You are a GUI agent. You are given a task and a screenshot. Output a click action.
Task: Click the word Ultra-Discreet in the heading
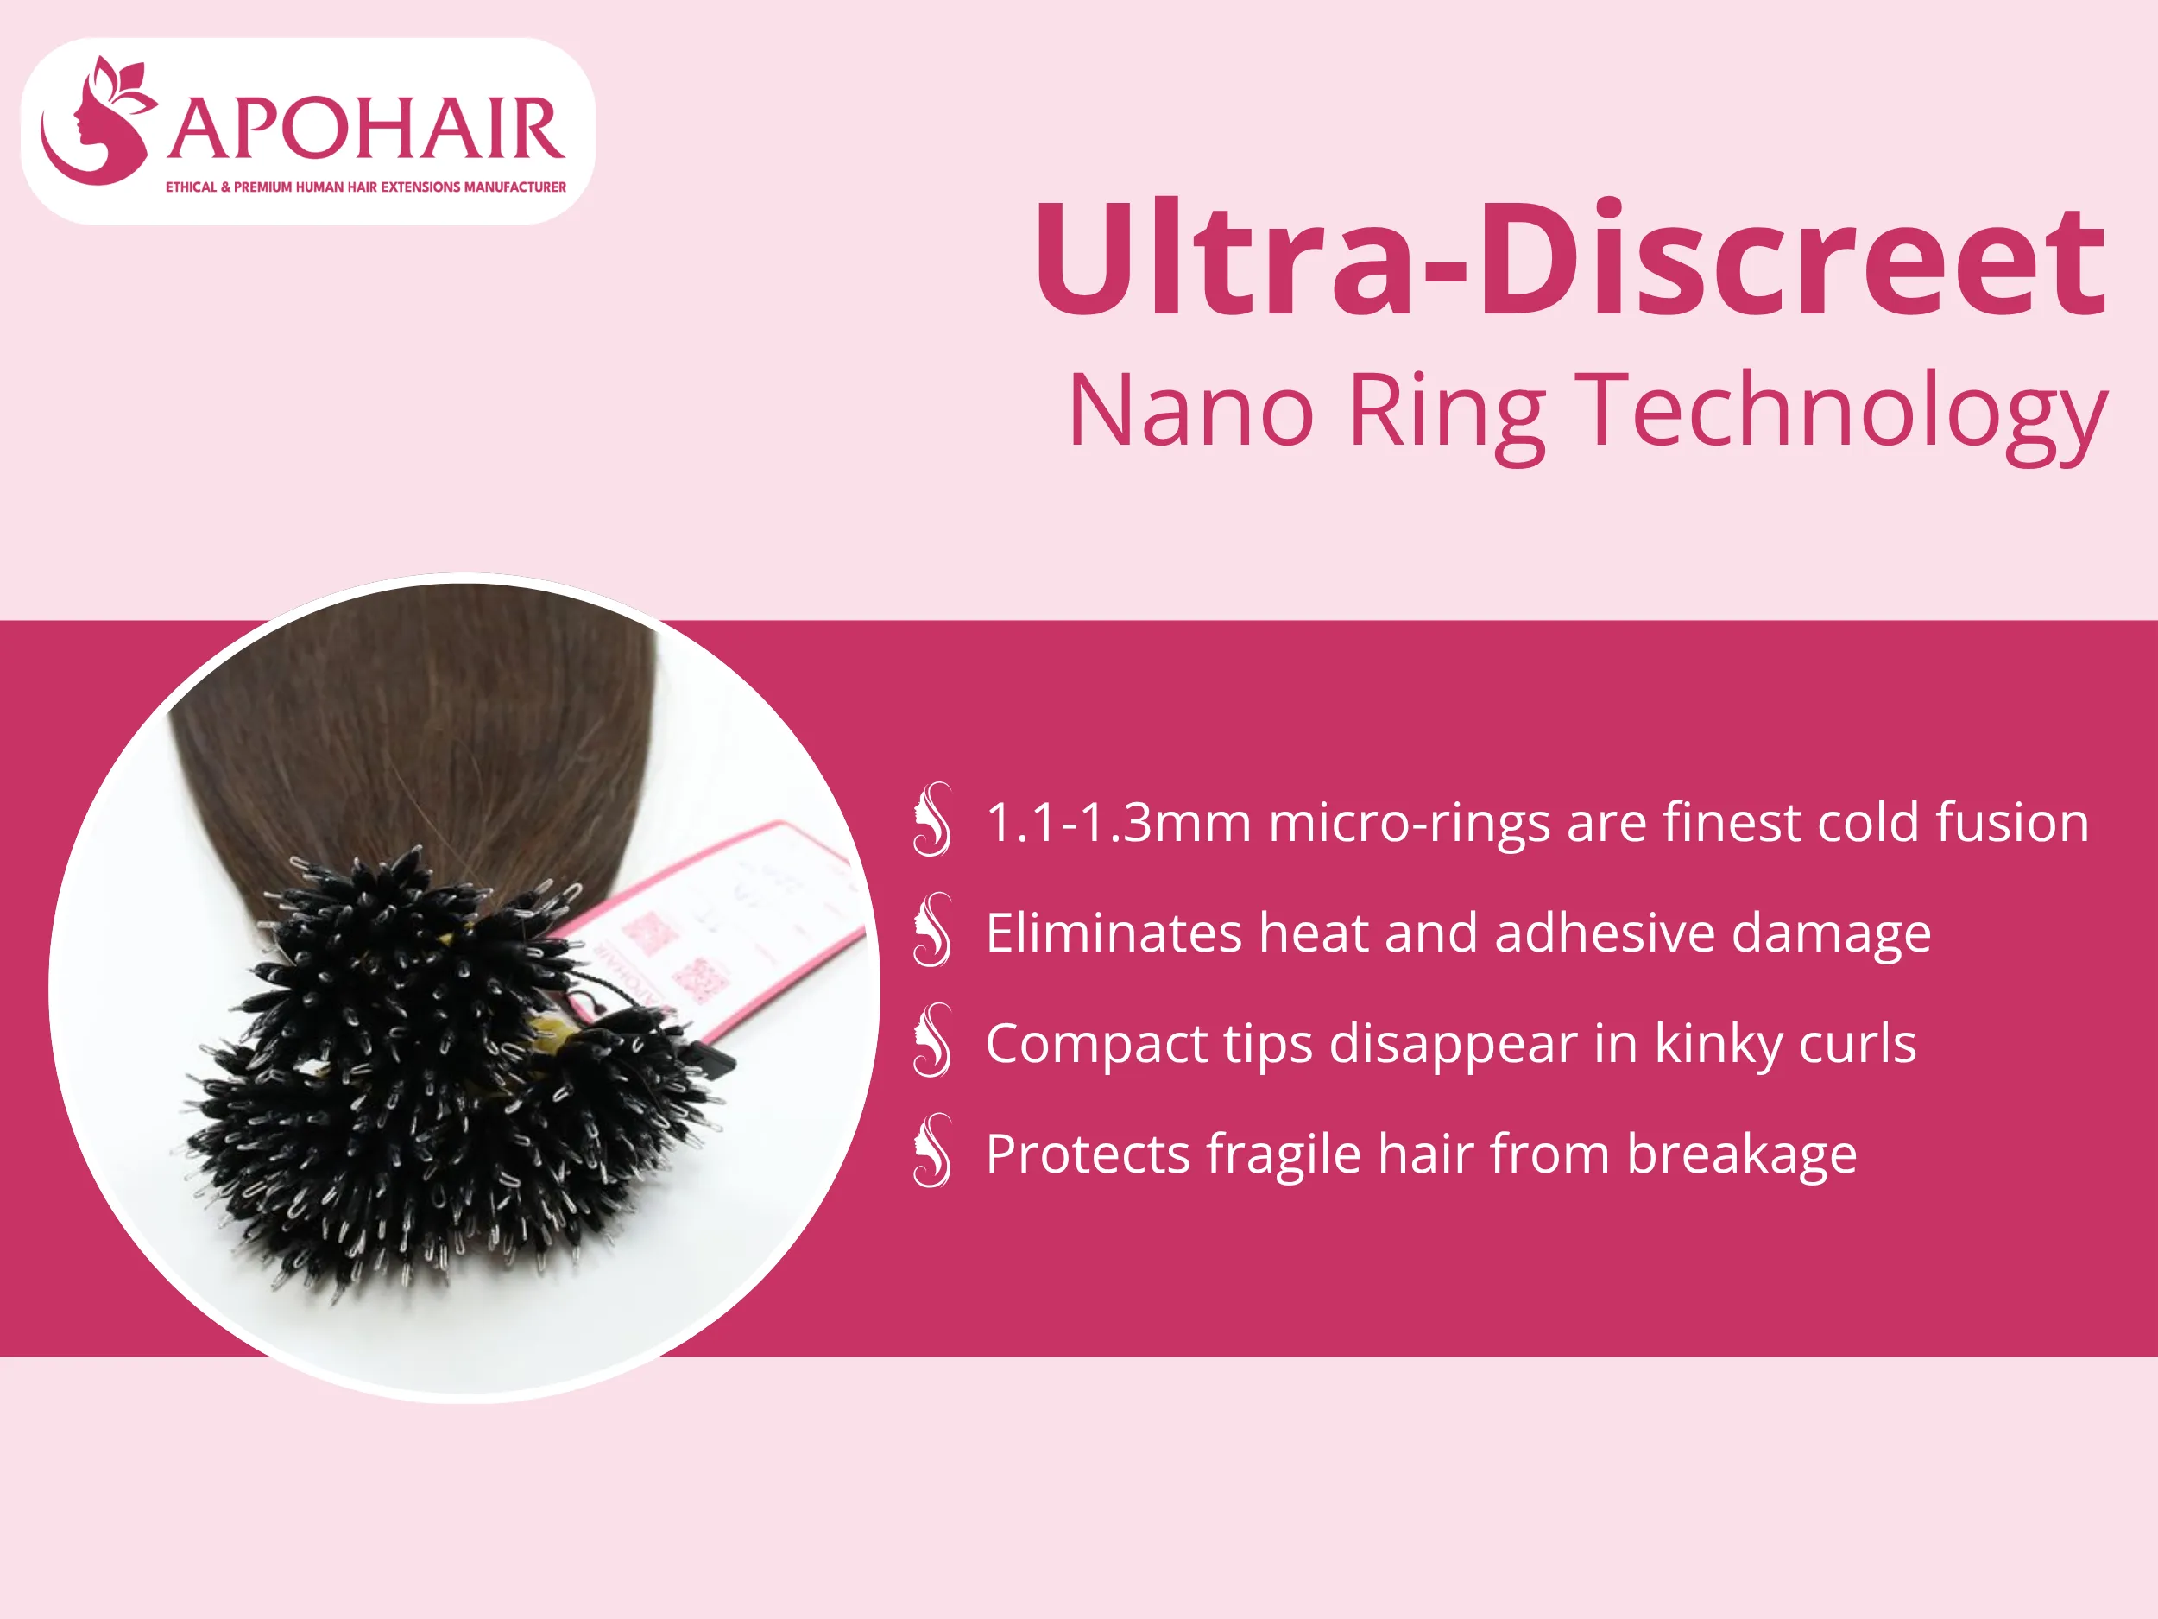click(1568, 259)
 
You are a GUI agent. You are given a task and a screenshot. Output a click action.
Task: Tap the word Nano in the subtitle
click(1191, 411)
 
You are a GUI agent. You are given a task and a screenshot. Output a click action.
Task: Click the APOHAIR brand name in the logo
click(365, 129)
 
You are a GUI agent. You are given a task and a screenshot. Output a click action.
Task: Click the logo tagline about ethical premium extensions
click(365, 187)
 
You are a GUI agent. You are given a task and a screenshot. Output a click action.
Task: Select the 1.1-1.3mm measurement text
click(1118, 822)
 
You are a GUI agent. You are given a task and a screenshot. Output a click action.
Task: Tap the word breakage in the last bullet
click(1741, 1154)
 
